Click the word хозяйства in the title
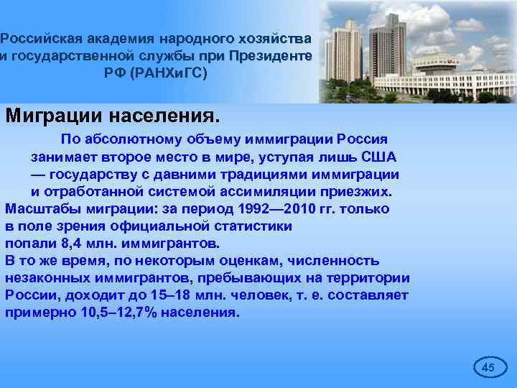point(276,37)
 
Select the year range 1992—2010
point(264,208)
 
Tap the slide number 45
point(488,367)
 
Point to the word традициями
point(233,174)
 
